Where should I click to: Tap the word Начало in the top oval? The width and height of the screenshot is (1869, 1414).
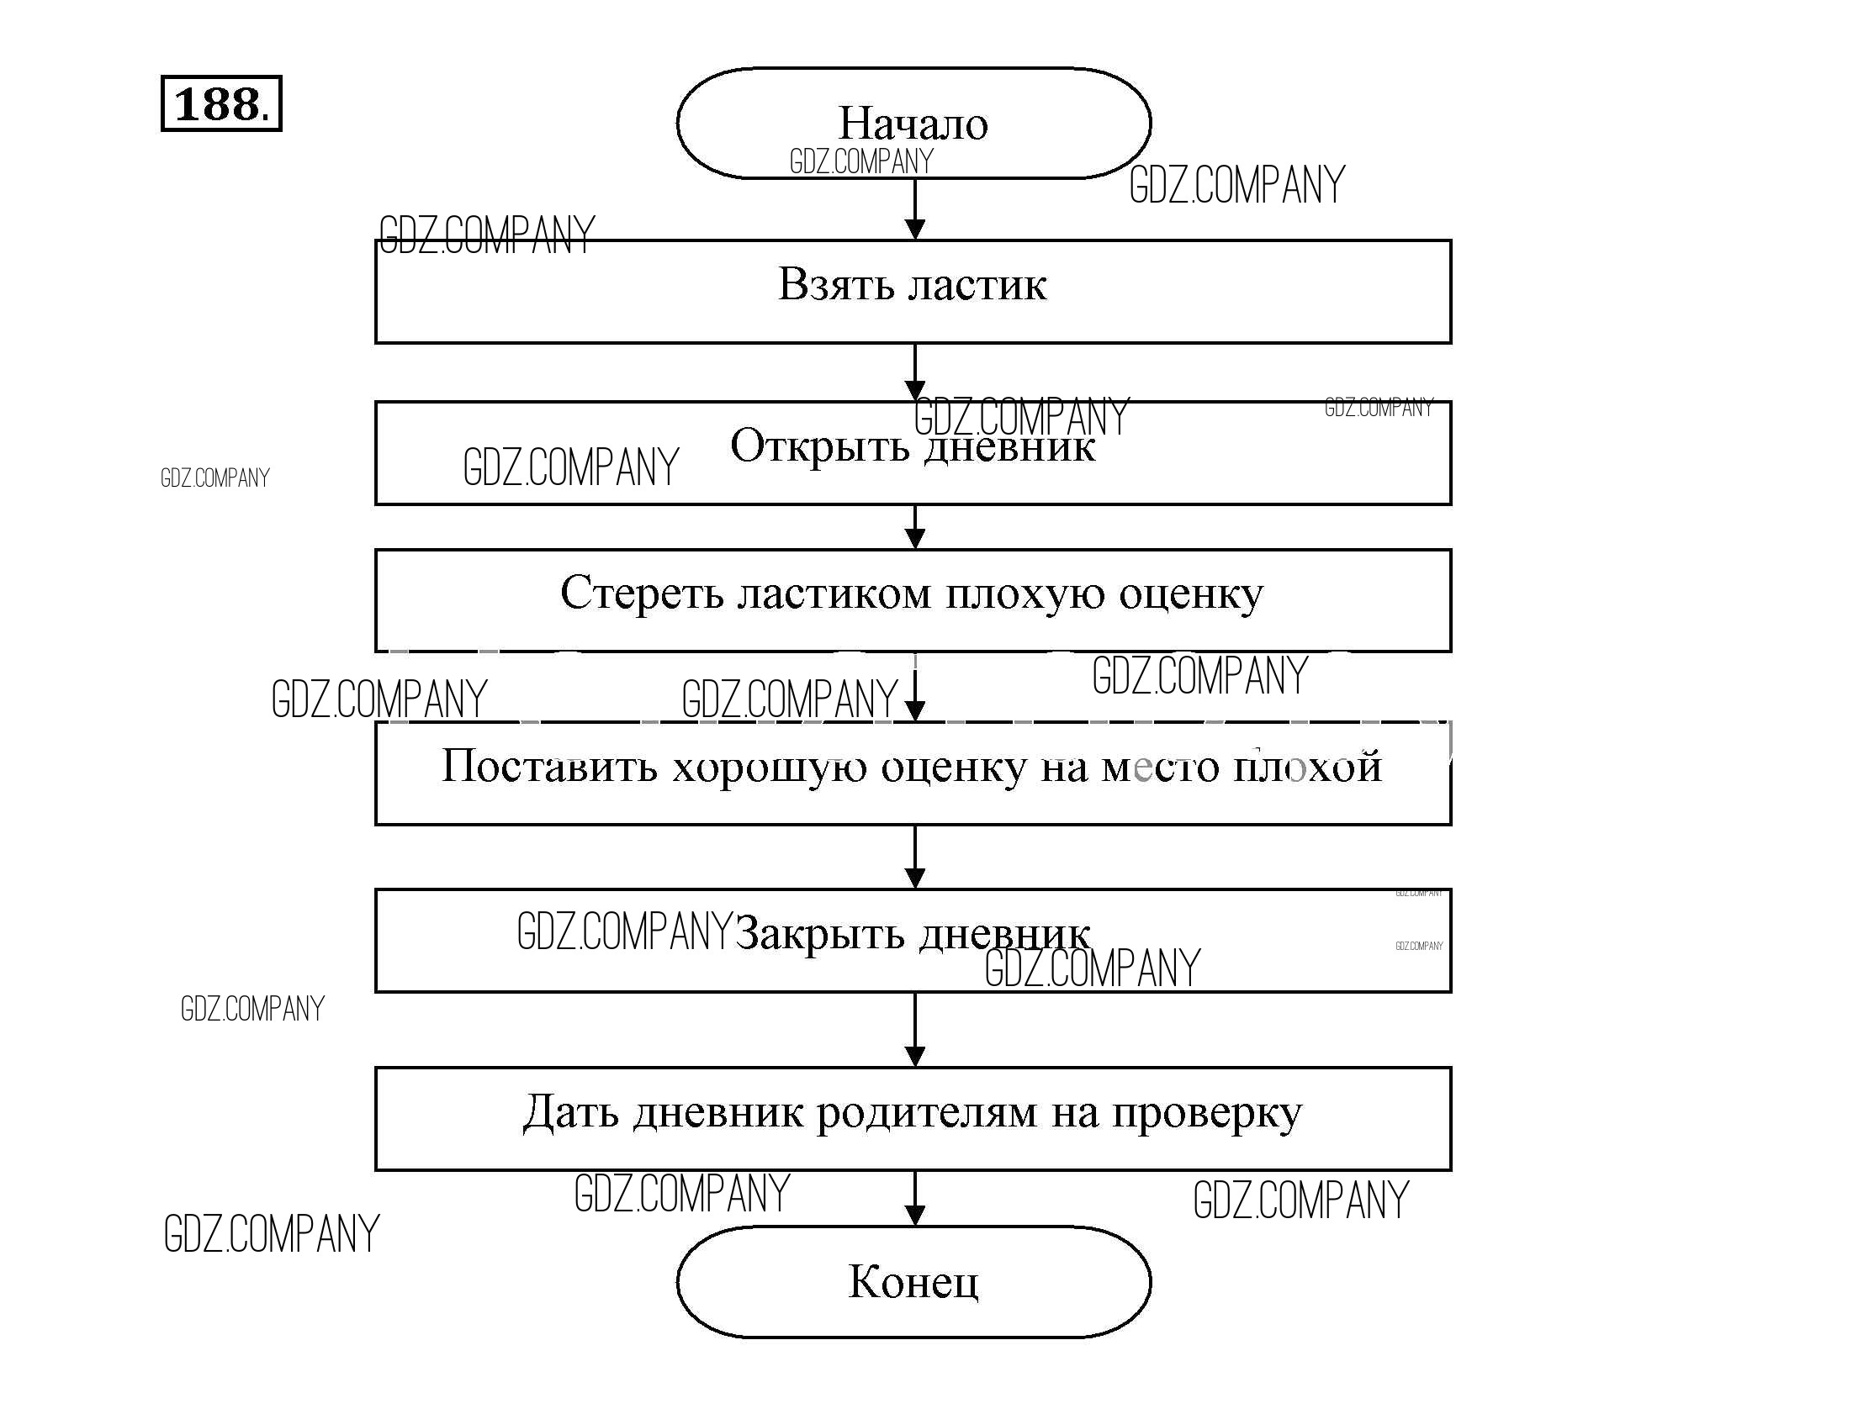(x=913, y=124)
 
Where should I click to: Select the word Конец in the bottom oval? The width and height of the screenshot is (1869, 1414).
(x=913, y=1281)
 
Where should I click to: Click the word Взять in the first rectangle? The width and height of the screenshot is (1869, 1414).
(x=835, y=284)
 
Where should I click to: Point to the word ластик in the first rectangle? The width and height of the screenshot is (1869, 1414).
(x=977, y=285)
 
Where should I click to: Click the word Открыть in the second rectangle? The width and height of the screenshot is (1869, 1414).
(x=818, y=446)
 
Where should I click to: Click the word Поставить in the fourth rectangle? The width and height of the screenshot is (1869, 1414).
(x=549, y=766)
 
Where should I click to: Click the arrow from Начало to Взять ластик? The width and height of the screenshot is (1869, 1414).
(x=914, y=211)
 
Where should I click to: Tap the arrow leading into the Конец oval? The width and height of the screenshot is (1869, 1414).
(x=914, y=1200)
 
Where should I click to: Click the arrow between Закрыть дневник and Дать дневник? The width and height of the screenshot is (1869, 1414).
(x=914, y=1031)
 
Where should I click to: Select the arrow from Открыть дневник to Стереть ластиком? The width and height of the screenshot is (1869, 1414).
(x=914, y=528)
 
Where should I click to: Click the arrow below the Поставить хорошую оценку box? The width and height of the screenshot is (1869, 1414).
(x=914, y=857)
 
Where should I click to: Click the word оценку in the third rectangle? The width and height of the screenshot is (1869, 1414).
(x=1190, y=594)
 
